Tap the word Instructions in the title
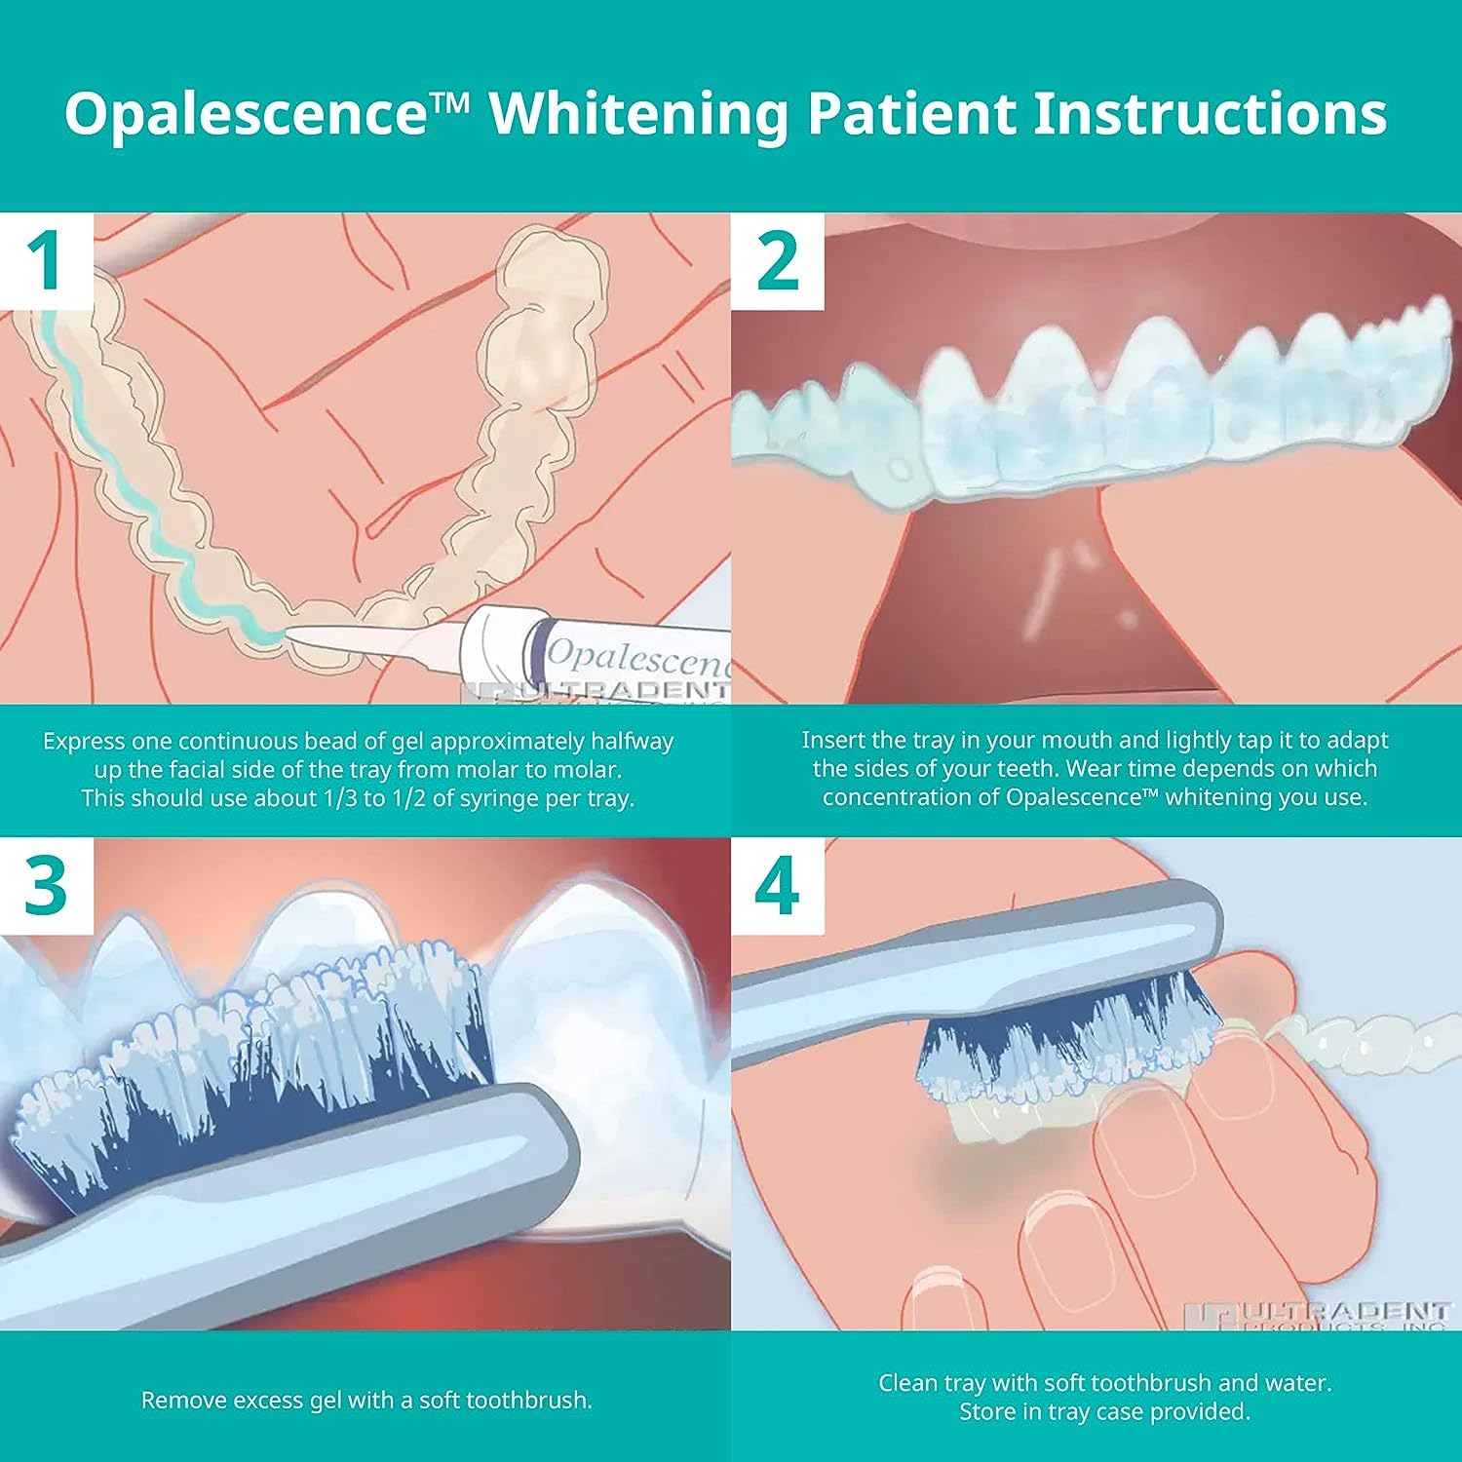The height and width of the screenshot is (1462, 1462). click(x=1210, y=113)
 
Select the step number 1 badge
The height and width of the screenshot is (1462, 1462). click(x=47, y=259)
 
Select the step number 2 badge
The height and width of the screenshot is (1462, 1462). click(x=777, y=259)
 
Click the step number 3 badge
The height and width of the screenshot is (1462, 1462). click(x=47, y=885)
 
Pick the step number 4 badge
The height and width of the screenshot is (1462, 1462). click(x=777, y=885)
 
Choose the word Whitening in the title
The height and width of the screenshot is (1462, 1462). click(x=638, y=113)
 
